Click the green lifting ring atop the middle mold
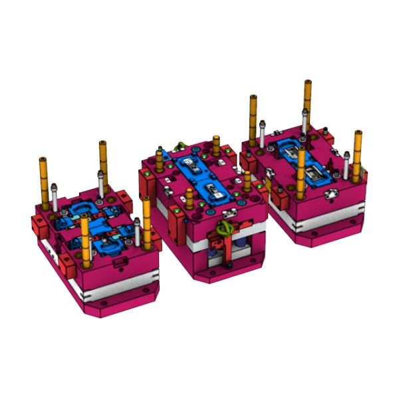(x=179, y=146)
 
